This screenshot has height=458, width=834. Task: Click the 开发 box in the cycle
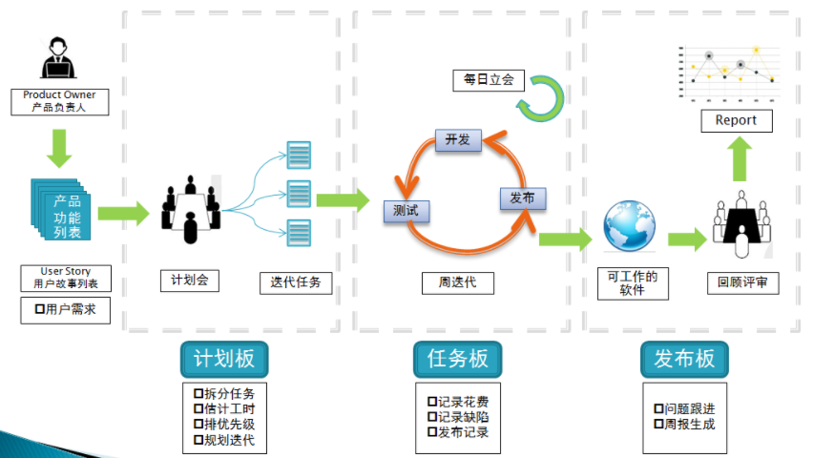point(457,140)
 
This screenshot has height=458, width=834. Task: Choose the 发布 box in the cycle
point(522,198)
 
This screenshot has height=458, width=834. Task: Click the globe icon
point(629,227)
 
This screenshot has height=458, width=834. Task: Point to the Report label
point(735,120)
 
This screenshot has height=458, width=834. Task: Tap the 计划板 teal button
point(224,359)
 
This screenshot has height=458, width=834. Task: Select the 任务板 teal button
point(457,359)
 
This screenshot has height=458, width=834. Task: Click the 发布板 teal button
point(683,359)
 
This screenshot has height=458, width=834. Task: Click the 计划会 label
point(189,281)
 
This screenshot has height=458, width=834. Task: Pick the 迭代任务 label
point(296,282)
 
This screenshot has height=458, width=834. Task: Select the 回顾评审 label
point(741,282)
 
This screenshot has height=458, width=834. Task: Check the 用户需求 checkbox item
point(65,310)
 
